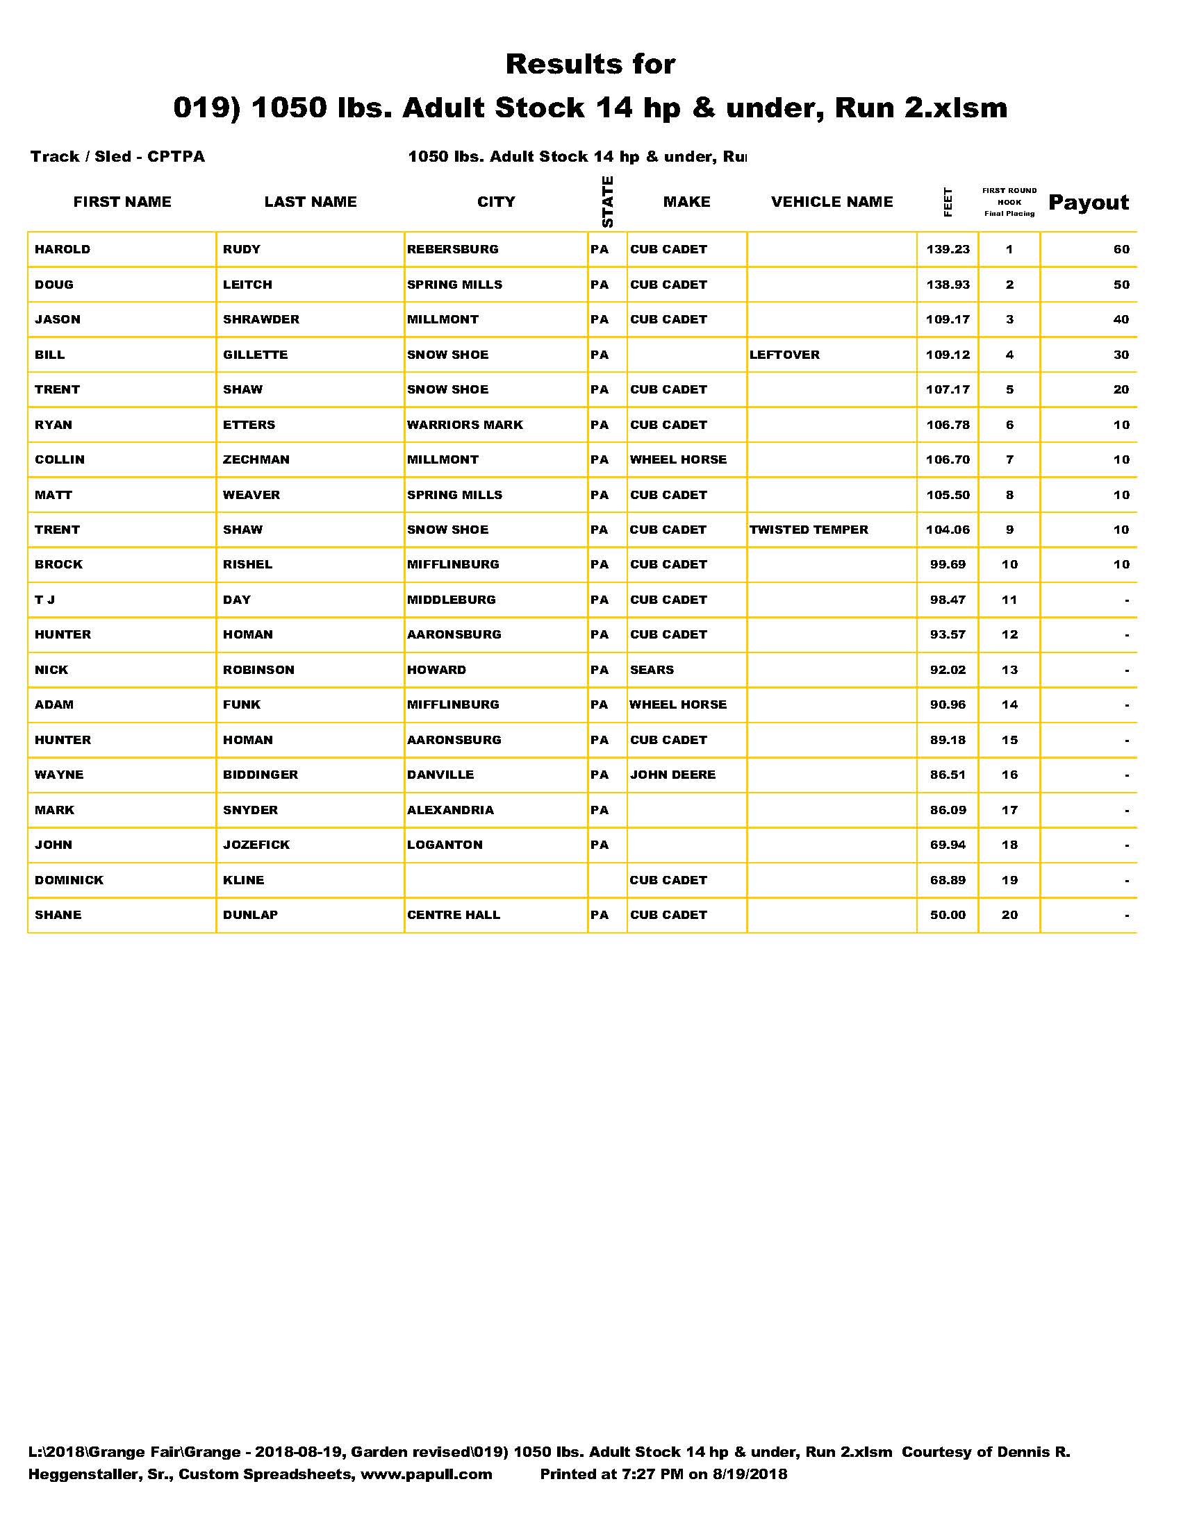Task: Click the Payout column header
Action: click(1088, 203)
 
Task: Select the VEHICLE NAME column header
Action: click(832, 202)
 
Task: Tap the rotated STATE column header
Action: click(607, 201)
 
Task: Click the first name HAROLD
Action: click(63, 250)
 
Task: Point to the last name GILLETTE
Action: click(256, 355)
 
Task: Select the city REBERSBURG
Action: click(453, 250)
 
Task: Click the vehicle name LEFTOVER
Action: click(784, 355)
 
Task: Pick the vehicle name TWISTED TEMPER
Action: click(809, 530)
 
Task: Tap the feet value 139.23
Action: click(948, 250)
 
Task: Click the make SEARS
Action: click(652, 670)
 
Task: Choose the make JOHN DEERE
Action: click(673, 775)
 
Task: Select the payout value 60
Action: click(1121, 250)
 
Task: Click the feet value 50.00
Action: click(948, 915)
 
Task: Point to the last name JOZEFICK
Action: click(256, 845)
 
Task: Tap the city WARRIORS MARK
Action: click(465, 424)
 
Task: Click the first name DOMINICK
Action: click(69, 879)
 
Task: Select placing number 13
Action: click(1009, 670)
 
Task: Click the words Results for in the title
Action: click(590, 65)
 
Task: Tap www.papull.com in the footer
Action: click(426, 1474)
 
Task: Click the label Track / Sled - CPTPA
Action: click(117, 157)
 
